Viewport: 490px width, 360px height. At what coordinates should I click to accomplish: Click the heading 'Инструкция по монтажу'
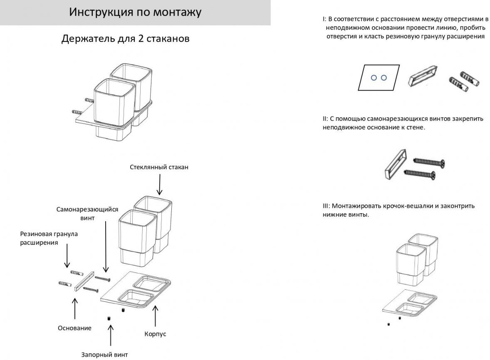(x=135, y=12)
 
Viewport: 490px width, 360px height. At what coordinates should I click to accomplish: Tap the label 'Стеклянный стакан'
(x=159, y=168)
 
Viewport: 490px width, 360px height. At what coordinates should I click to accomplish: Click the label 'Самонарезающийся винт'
(x=87, y=213)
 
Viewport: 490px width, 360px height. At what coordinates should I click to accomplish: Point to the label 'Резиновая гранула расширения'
(x=49, y=238)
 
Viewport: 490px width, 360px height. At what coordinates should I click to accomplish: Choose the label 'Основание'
(x=74, y=328)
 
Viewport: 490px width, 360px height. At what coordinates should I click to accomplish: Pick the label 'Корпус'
(x=155, y=334)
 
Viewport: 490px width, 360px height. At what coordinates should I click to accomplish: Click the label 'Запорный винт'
(x=104, y=355)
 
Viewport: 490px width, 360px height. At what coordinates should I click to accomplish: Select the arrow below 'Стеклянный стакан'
(x=159, y=185)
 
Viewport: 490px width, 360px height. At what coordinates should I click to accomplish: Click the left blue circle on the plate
(x=374, y=78)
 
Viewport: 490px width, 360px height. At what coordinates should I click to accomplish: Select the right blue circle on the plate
(x=384, y=78)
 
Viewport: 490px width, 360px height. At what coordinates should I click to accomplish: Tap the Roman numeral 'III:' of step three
(x=326, y=206)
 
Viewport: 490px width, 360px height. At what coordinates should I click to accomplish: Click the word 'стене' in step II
(x=416, y=127)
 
